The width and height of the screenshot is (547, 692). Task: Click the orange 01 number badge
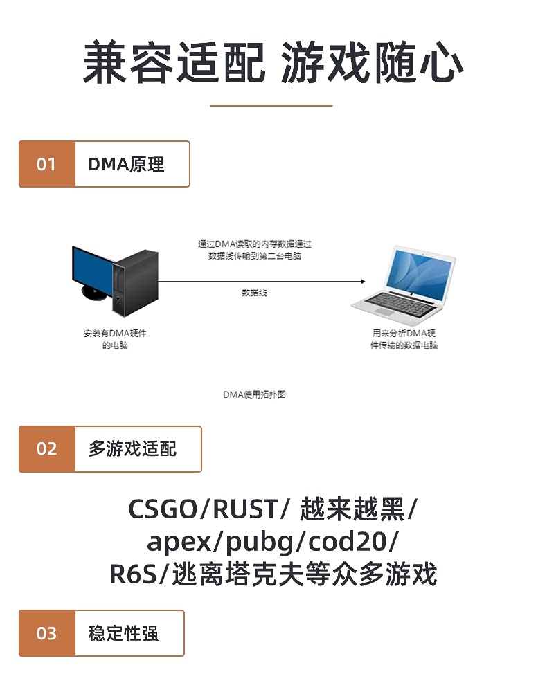pyautogui.click(x=47, y=164)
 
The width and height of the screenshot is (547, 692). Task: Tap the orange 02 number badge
pyautogui.click(x=47, y=449)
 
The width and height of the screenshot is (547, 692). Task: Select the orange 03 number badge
pyautogui.click(x=47, y=633)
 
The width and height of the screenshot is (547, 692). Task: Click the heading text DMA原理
pyautogui.click(x=126, y=164)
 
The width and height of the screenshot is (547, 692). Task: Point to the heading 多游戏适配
pyautogui.click(x=132, y=449)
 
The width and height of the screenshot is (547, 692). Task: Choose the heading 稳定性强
pyautogui.click(x=123, y=633)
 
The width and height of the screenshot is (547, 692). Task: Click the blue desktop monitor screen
pyautogui.click(x=92, y=270)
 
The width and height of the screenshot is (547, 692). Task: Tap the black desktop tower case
pyautogui.click(x=135, y=283)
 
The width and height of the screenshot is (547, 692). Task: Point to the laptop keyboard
pyautogui.click(x=399, y=304)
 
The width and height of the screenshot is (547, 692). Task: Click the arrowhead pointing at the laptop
pyautogui.click(x=363, y=281)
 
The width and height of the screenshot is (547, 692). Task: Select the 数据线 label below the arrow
pyautogui.click(x=254, y=293)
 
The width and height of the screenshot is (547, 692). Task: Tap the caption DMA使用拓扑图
pyautogui.click(x=254, y=394)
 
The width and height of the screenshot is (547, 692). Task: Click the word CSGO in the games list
pyautogui.click(x=163, y=509)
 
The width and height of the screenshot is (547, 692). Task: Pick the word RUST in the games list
pyautogui.click(x=245, y=509)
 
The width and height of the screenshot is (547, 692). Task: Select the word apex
pyautogui.click(x=179, y=543)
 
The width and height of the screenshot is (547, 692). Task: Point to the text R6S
pyautogui.click(x=133, y=574)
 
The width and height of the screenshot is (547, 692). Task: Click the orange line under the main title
pyautogui.click(x=271, y=105)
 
